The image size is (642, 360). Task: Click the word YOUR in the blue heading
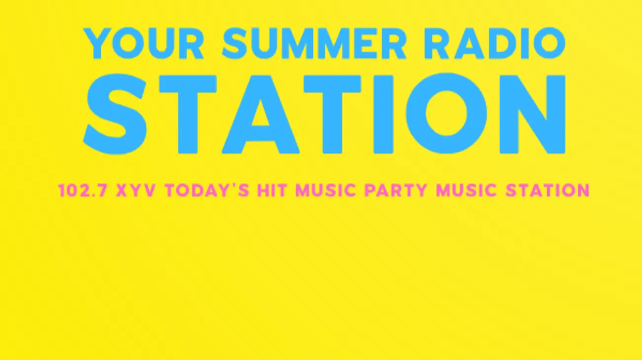point(144,43)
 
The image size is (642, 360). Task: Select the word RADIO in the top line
point(495,43)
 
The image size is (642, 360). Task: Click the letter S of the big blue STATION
point(115,114)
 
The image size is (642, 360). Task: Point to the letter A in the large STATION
point(261,114)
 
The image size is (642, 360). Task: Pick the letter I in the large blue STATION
point(384,114)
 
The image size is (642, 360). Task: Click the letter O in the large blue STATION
point(446,114)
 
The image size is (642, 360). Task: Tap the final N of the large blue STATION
point(532,114)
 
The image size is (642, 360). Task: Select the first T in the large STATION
point(188,114)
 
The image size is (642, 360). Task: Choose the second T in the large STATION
point(332,114)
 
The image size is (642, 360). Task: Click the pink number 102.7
point(83,190)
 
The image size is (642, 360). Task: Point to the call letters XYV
point(136,190)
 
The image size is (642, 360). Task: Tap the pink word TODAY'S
point(207,190)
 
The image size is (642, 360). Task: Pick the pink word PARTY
point(396,190)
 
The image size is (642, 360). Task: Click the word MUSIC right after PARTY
point(466,190)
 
